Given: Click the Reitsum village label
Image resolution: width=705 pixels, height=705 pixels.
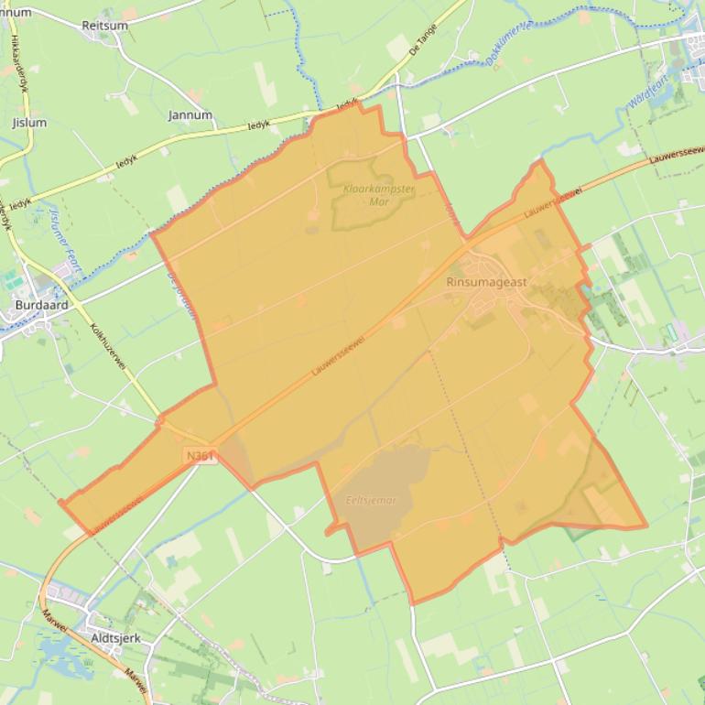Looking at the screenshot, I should [105, 26].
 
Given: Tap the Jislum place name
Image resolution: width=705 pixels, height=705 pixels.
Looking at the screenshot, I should [28, 122].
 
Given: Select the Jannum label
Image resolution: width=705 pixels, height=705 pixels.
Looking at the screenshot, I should [190, 115].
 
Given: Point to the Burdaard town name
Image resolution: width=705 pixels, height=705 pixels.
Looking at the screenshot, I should [40, 305].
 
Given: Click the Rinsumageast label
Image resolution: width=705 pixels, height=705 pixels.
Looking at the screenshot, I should [486, 282].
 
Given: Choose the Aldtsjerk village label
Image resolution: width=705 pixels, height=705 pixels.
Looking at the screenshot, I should [115, 637].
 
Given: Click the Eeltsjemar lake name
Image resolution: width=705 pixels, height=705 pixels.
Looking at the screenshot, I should [371, 500].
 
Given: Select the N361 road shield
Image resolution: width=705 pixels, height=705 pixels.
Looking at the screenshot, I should [200, 455].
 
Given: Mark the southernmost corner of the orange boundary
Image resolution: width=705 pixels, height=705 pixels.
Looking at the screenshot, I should [414, 604].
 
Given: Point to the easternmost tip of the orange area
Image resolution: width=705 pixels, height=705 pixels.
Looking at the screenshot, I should [646, 527].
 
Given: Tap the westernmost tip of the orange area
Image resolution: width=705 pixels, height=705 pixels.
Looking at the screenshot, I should [60, 502].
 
